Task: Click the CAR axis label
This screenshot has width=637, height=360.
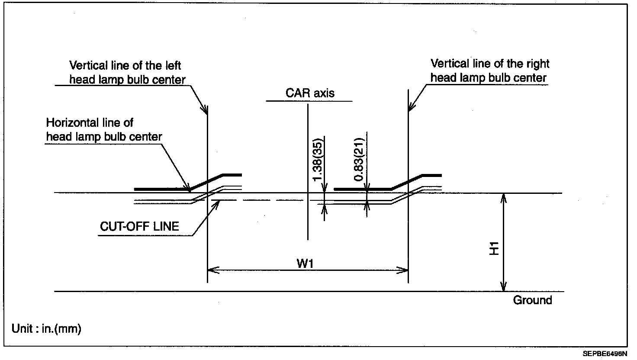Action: [310, 93]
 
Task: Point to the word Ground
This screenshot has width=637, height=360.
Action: [532, 300]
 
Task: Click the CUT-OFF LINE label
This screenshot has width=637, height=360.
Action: [139, 226]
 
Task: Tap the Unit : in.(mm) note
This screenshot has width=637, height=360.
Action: [47, 329]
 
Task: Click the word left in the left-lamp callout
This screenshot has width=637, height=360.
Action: [172, 66]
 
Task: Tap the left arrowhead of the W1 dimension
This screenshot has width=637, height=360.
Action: [211, 270]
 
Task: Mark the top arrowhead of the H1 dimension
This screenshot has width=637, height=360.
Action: [503, 197]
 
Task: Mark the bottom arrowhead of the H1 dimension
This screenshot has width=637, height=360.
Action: [503, 288]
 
